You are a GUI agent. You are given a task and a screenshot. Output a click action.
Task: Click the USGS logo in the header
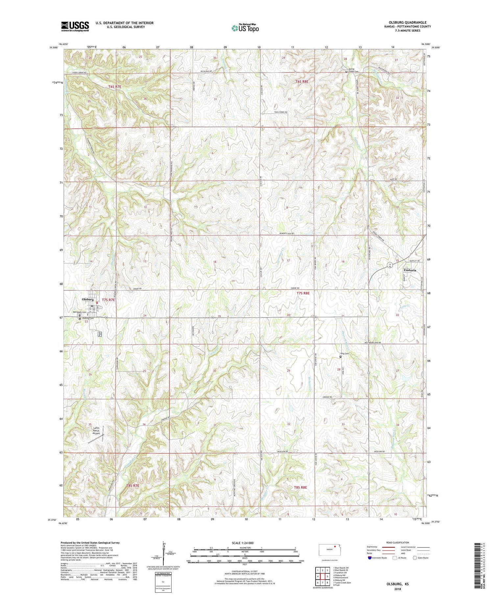pos(75,26)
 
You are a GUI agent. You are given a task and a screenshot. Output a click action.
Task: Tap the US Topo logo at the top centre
pos(245,28)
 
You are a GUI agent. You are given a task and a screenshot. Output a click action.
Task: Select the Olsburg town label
pos(88,299)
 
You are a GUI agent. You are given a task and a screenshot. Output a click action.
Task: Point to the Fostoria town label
pos(410,270)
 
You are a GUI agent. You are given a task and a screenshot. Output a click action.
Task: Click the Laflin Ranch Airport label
pos(96,430)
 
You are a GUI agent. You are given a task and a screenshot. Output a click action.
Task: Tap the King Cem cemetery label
pos(344,354)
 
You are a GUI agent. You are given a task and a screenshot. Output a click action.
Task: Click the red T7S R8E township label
pos(303,293)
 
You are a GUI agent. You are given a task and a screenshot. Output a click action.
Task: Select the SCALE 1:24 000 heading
pos(245,543)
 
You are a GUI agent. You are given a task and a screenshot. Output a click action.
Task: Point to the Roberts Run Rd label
pos(287,234)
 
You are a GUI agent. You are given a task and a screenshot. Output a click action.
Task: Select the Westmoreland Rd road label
pos(372,343)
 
